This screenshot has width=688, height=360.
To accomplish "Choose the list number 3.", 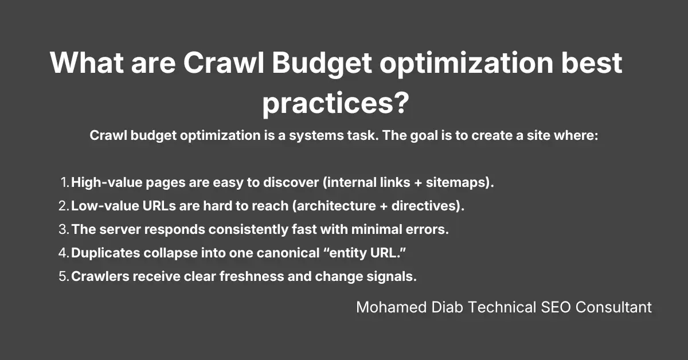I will pos(63,229).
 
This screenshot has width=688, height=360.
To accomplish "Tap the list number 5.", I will pos(63,276).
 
